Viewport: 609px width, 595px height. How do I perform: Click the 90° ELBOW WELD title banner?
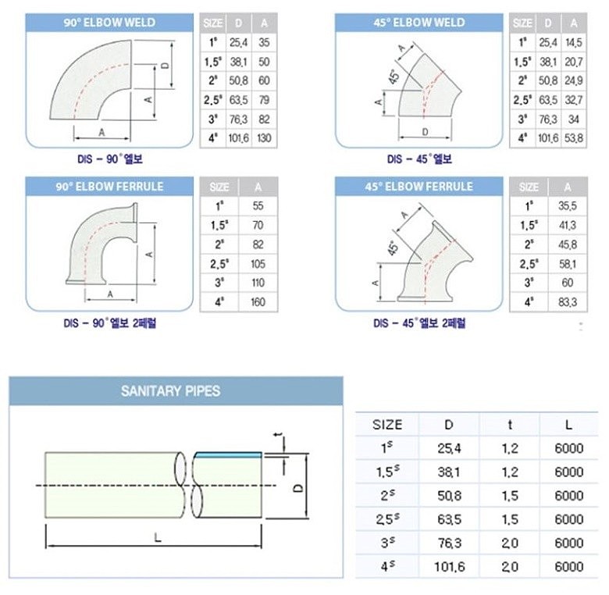pyautogui.click(x=109, y=23)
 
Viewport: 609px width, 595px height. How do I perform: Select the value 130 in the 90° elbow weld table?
pyautogui.click(x=264, y=138)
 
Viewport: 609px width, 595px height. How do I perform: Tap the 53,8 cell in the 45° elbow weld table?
pyautogui.click(x=574, y=138)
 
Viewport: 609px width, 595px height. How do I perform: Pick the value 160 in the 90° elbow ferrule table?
pyautogui.click(x=258, y=301)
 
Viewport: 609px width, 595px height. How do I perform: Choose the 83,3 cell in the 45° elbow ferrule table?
pyautogui.click(x=568, y=301)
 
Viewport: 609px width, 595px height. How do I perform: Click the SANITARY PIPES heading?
pyautogui.click(x=170, y=390)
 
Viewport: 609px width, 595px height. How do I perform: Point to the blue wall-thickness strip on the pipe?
pyautogui.click(x=228, y=454)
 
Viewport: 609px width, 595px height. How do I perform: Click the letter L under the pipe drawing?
pyautogui.click(x=157, y=538)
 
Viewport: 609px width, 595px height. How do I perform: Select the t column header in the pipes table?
pyautogui.click(x=510, y=425)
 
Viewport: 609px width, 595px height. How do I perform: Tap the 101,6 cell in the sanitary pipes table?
pyautogui.click(x=449, y=567)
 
